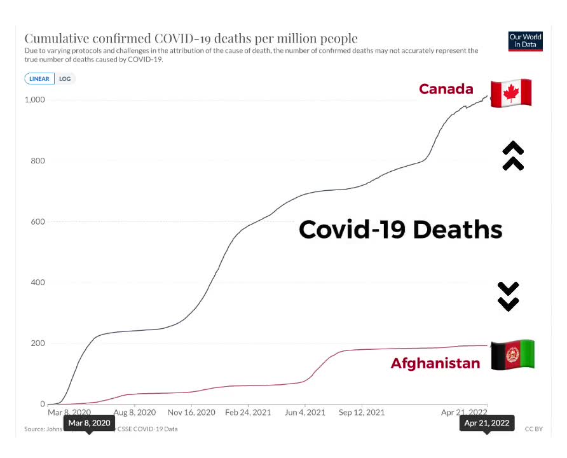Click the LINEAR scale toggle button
pos(40,79)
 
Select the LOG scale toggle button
pos(65,79)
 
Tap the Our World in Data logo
pos(526,42)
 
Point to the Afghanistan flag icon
pos(512,355)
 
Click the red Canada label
pos(446,89)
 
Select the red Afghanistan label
pos(435,364)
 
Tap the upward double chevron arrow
pos(513,156)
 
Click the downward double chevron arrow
pos(509,296)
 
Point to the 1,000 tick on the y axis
pos(34,100)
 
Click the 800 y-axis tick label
pos(38,161)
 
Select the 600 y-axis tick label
pos(38,222)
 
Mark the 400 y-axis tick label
pos(38,282)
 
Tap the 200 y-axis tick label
pos(38,343)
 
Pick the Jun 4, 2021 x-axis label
pos(305,413)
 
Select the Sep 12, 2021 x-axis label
pos(361,413)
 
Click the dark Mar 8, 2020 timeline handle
pos(89,423)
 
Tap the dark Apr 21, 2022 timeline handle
pos(486,423)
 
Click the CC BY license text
pos(533,429)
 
